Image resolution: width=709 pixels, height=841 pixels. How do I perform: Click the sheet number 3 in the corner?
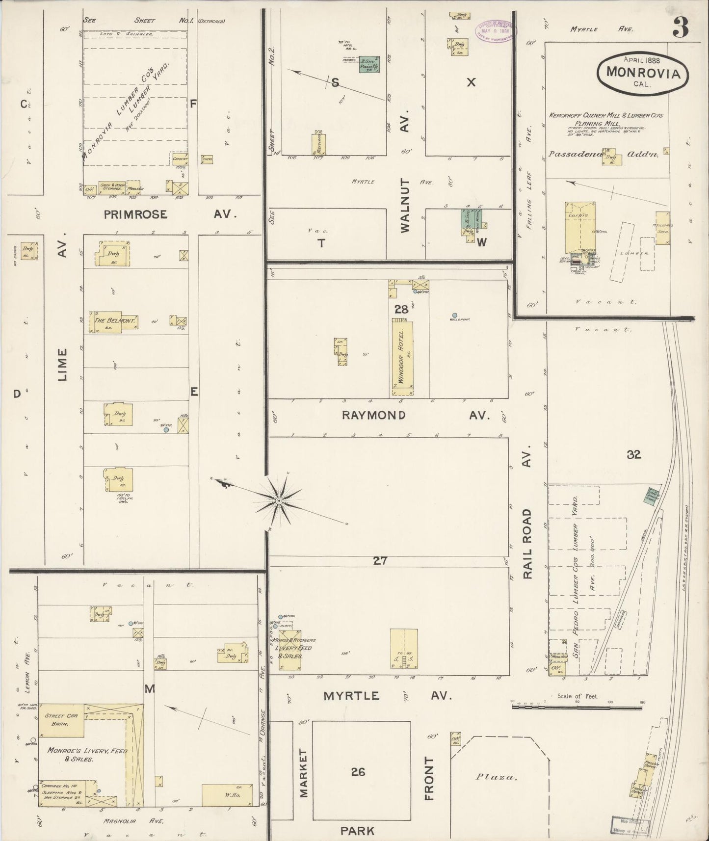click(680, 27)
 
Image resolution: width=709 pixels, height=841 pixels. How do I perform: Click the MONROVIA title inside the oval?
click(643, 73)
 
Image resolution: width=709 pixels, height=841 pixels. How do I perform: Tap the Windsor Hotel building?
click(402, 357)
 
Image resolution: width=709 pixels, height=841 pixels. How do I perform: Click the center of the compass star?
click(279, 500)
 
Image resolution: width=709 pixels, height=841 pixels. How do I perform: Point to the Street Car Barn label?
click(61, 720)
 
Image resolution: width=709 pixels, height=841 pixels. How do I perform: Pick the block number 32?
click(634, 455)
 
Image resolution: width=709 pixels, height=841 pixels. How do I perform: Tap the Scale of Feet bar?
click(577, 707)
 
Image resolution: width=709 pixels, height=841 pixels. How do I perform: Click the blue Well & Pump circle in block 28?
click(455, 315)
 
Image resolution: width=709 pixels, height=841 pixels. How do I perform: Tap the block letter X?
click(471, 82)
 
